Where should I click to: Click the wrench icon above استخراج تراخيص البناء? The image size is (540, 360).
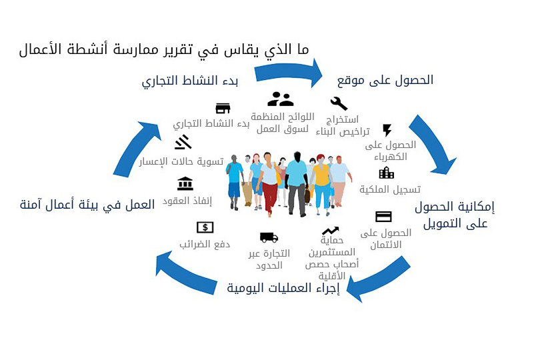[339, 103]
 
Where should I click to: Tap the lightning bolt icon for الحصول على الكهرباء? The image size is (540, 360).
[387, 130]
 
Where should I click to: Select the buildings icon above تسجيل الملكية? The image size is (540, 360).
[387, 173]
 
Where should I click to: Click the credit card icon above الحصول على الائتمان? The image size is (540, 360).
[383, 217]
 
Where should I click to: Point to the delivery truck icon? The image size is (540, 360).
[269, 237]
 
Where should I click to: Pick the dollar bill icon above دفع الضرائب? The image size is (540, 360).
[205, 227]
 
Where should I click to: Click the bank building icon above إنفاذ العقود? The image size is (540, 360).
[185, 183]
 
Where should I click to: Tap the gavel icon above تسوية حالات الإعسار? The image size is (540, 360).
[183, 142]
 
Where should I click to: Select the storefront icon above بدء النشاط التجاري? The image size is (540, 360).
[223, 108]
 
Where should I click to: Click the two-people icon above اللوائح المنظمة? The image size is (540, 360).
[280, 99]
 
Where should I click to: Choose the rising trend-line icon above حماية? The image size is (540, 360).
[330, 231]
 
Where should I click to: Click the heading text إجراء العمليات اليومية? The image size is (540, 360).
[283, 288]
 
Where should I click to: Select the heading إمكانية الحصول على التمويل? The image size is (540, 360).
[455, 215]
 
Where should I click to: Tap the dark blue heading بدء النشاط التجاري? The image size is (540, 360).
[190, 81]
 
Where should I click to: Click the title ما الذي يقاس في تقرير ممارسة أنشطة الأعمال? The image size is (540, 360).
[164, 49]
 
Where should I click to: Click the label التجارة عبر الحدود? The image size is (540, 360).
[269, 259]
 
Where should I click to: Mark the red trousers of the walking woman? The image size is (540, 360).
[269, 198]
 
